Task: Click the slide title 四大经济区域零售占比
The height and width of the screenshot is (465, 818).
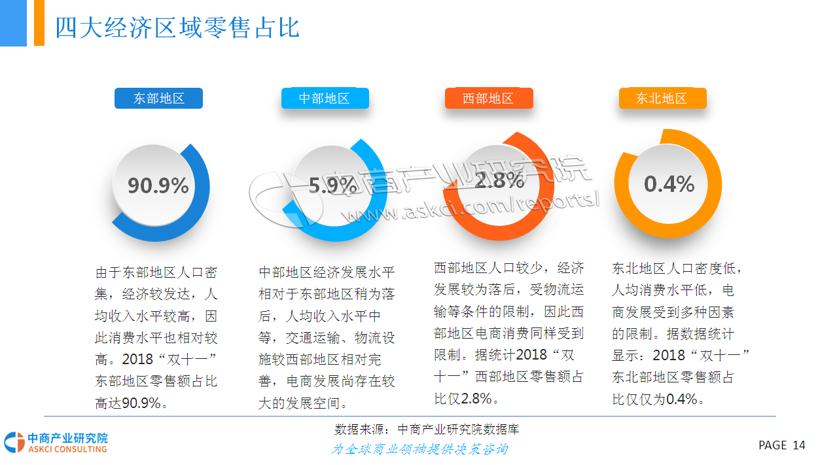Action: (177, 28)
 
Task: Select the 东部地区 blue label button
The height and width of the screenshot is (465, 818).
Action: (158, 98)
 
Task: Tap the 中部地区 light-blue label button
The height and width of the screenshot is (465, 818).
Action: (325, 98)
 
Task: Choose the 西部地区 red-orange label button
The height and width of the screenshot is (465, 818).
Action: (489, 98)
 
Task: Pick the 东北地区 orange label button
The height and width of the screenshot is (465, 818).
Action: (663, 98)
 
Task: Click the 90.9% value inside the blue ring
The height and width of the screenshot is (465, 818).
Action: (158, 185)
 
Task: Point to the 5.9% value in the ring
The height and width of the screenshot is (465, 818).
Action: (332, 185)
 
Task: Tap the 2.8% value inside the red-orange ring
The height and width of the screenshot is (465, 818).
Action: (499, 180)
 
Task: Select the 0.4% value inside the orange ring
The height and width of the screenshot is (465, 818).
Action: (669, 184)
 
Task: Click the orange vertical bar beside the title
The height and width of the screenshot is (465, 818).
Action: (39, 23)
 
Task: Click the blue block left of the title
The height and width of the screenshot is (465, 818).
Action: (13, 23)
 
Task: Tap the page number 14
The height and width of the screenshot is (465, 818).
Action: (799, 445)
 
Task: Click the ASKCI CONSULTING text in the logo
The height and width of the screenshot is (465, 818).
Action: (67, 449)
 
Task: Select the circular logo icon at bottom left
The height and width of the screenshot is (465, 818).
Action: (14, 442)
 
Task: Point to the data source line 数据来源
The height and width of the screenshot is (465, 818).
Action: (427, 429)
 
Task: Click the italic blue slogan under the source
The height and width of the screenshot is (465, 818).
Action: (419, 449)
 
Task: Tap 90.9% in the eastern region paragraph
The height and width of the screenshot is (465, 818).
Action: (141, 403)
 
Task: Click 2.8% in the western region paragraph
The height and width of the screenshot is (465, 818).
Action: (476, 398)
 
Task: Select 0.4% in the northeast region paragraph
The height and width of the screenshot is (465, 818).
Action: (682, 400)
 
